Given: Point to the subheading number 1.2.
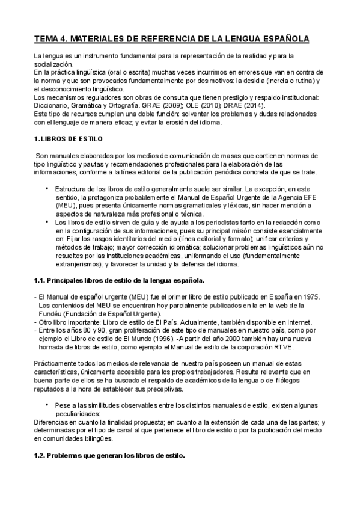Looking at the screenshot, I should click(39, 455).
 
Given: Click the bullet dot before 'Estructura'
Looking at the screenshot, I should click(47, 188).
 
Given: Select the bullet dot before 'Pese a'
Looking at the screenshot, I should click(47, 404).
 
